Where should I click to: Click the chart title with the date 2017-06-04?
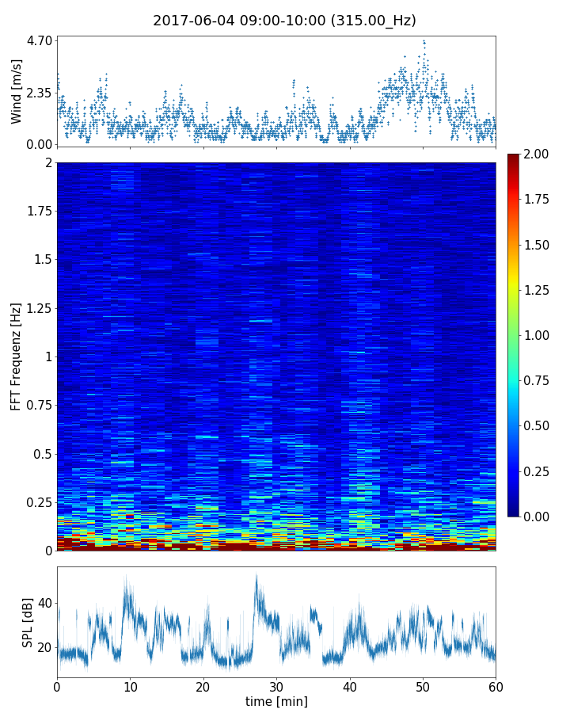pyautogui.click(x=284, y=21)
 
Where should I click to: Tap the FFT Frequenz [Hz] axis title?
pyautogui.click(x=17, y=356)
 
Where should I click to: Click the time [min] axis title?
pyautogui.click(x=276, y=701)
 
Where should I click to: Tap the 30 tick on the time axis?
pyautogui.click(x=276, y=685)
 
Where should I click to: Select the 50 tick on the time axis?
pyautogui.click(x=423, y=685)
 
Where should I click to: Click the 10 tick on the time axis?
pyautogui.click(x=130, y=685)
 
